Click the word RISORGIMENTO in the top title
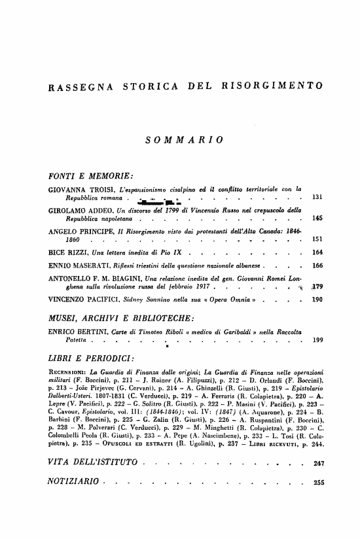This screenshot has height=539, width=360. coord(273,86)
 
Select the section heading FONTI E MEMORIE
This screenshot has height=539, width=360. coord(91,175)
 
